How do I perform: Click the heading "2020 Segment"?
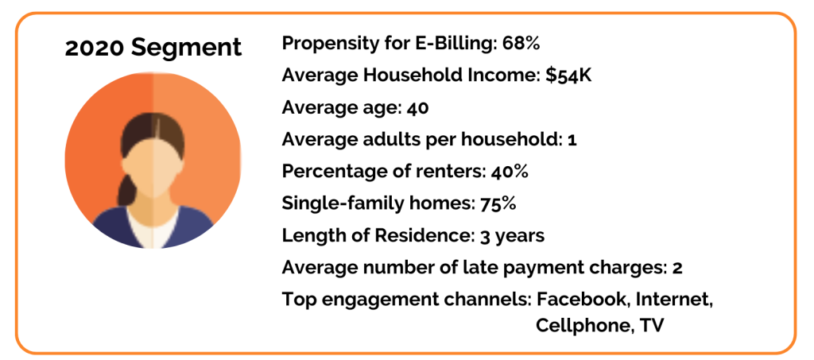[x=153, y=47]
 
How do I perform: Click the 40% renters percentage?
[x=510, y=171]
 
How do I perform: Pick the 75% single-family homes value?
[x=498, y=203]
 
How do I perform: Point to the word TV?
[x=652, y=325]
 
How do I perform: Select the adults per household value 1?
[x=572, y=139]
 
